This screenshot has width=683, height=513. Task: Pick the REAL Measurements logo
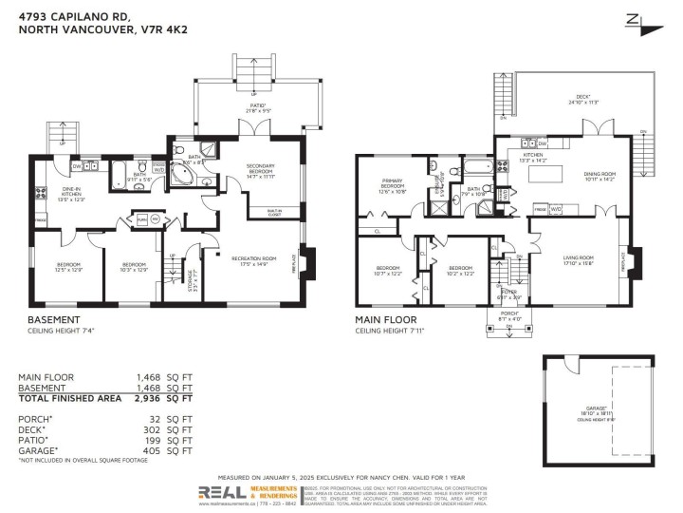coord(248,493)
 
